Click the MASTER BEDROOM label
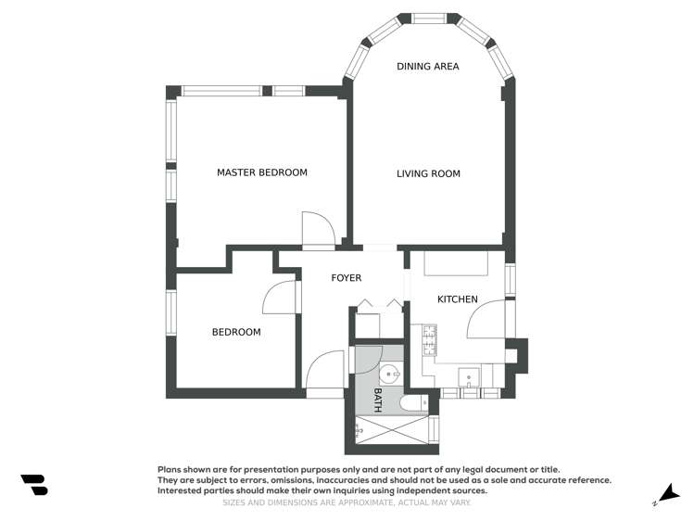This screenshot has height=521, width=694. pos(261,172)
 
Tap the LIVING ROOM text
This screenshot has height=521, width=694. pos(428,173)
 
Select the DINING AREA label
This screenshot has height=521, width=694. pos(427,67)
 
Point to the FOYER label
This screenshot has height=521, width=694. pos(346,278)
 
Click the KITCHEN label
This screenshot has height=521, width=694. pos(457,299)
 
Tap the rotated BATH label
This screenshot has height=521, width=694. pos(378,400)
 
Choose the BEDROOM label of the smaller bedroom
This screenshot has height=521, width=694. pos(236,332)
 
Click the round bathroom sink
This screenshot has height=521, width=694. pos(390,375)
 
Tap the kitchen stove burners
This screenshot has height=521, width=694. pos(429,340)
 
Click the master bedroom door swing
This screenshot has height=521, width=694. pos(317,229)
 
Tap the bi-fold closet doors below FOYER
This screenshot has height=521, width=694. pos(379,303)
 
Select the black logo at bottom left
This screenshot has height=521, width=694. pos(34,484)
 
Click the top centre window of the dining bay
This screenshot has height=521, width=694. pos(428,18)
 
